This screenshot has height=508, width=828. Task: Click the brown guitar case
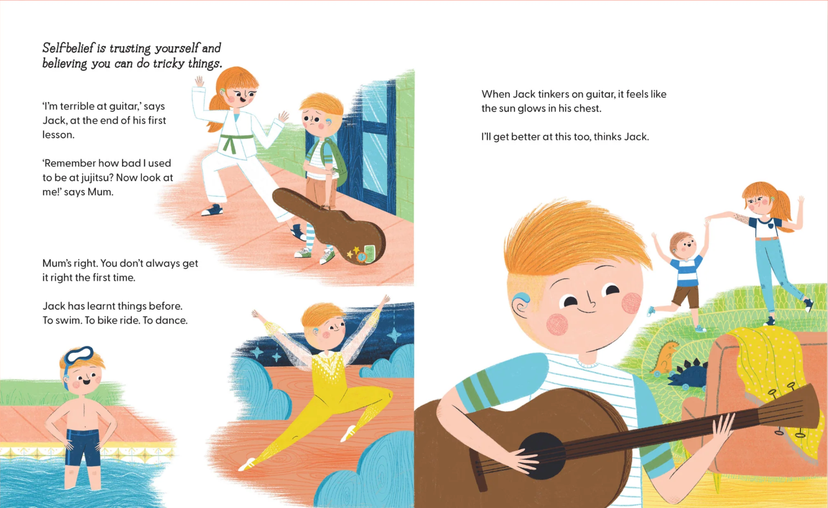click(331, 226)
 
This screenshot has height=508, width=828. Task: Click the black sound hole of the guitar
click(542, 456)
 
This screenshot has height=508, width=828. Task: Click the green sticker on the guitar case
click(370, 253)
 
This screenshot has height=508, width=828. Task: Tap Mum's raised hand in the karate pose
click(199, 81)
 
